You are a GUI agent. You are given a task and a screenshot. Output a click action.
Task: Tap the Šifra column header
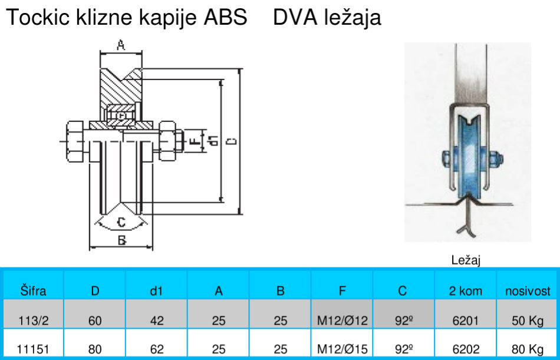[33, 290]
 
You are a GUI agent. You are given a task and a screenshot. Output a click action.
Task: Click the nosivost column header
[528, 290]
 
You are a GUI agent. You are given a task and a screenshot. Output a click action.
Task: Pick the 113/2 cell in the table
[33, 321]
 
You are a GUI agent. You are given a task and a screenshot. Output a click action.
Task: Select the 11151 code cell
[33, 349]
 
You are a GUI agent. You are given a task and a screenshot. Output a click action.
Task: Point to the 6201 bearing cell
[466, 321]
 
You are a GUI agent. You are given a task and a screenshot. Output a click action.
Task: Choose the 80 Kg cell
[528, 349]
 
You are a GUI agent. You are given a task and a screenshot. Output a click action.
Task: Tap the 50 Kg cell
[528, 321]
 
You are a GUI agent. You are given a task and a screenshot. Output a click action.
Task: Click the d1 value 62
[157, 349]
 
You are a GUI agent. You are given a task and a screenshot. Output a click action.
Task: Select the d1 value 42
[157, 321]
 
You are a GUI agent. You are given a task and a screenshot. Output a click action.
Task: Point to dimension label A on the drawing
[121, 44]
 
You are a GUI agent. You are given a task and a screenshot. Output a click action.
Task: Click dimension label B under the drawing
[121, 240]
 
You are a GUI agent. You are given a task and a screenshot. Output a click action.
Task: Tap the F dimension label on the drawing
[193, 141]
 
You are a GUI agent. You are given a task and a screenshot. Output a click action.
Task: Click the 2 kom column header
[466, 290]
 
